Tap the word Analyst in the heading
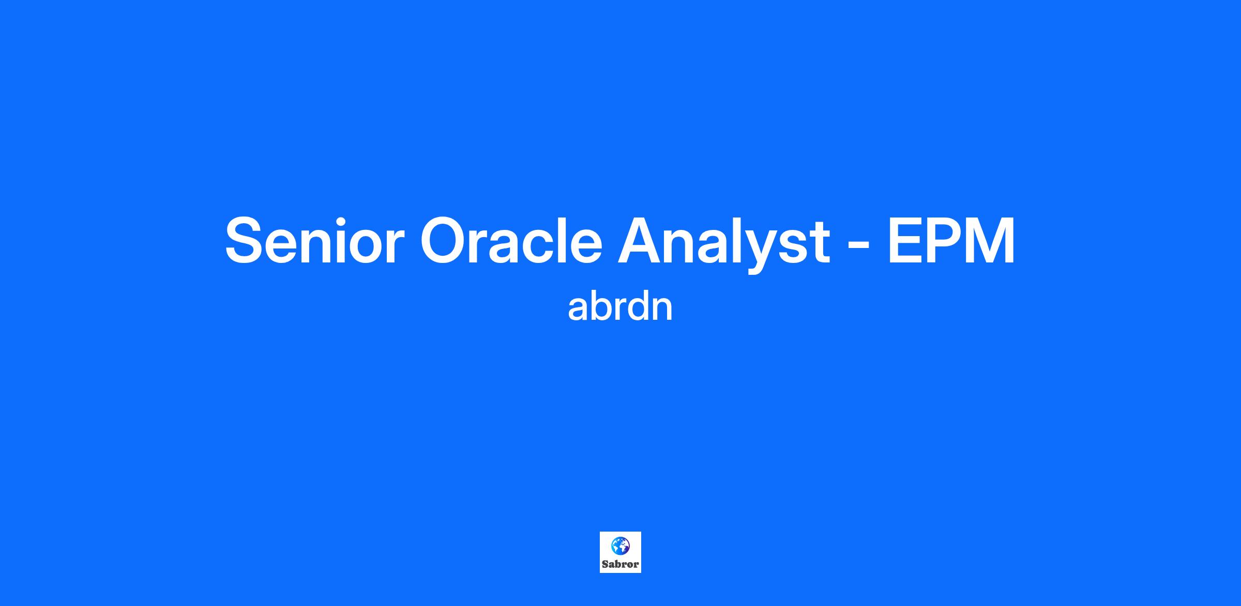point(724,243)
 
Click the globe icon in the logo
point(620,546)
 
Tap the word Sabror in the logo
point(620,565)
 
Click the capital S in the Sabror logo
point(604,565)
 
